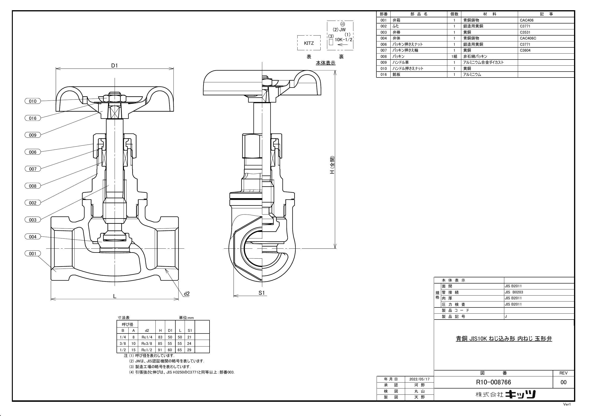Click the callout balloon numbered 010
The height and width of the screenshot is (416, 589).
pos(33,101)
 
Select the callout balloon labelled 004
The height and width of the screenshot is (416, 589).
pos(33,237)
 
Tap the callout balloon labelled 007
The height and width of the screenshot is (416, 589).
pos(33,169)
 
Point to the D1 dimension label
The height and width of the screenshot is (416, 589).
pos(114,65)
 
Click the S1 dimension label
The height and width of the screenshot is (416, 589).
pos(262,293)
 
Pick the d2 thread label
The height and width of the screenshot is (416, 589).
pos(187,294)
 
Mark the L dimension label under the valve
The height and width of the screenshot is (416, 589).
pos(115,296)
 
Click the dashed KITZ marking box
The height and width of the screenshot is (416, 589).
pos(309,43)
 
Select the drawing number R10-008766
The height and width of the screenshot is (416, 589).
pos(493,382)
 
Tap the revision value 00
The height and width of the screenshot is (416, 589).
pos(563,382)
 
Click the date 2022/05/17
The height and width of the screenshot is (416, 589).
pos(419,379)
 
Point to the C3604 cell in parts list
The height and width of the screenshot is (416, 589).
pos(525,50)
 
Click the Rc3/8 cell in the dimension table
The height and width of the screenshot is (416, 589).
pos(147,343)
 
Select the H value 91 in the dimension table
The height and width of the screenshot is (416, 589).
pos(160,350)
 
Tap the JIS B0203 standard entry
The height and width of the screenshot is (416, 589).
pos(514,292)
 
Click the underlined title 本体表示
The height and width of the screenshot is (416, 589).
pos(326,63)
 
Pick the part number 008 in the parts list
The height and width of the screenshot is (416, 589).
pos(383,56)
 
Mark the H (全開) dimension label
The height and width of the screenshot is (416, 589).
pos(332,165)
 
